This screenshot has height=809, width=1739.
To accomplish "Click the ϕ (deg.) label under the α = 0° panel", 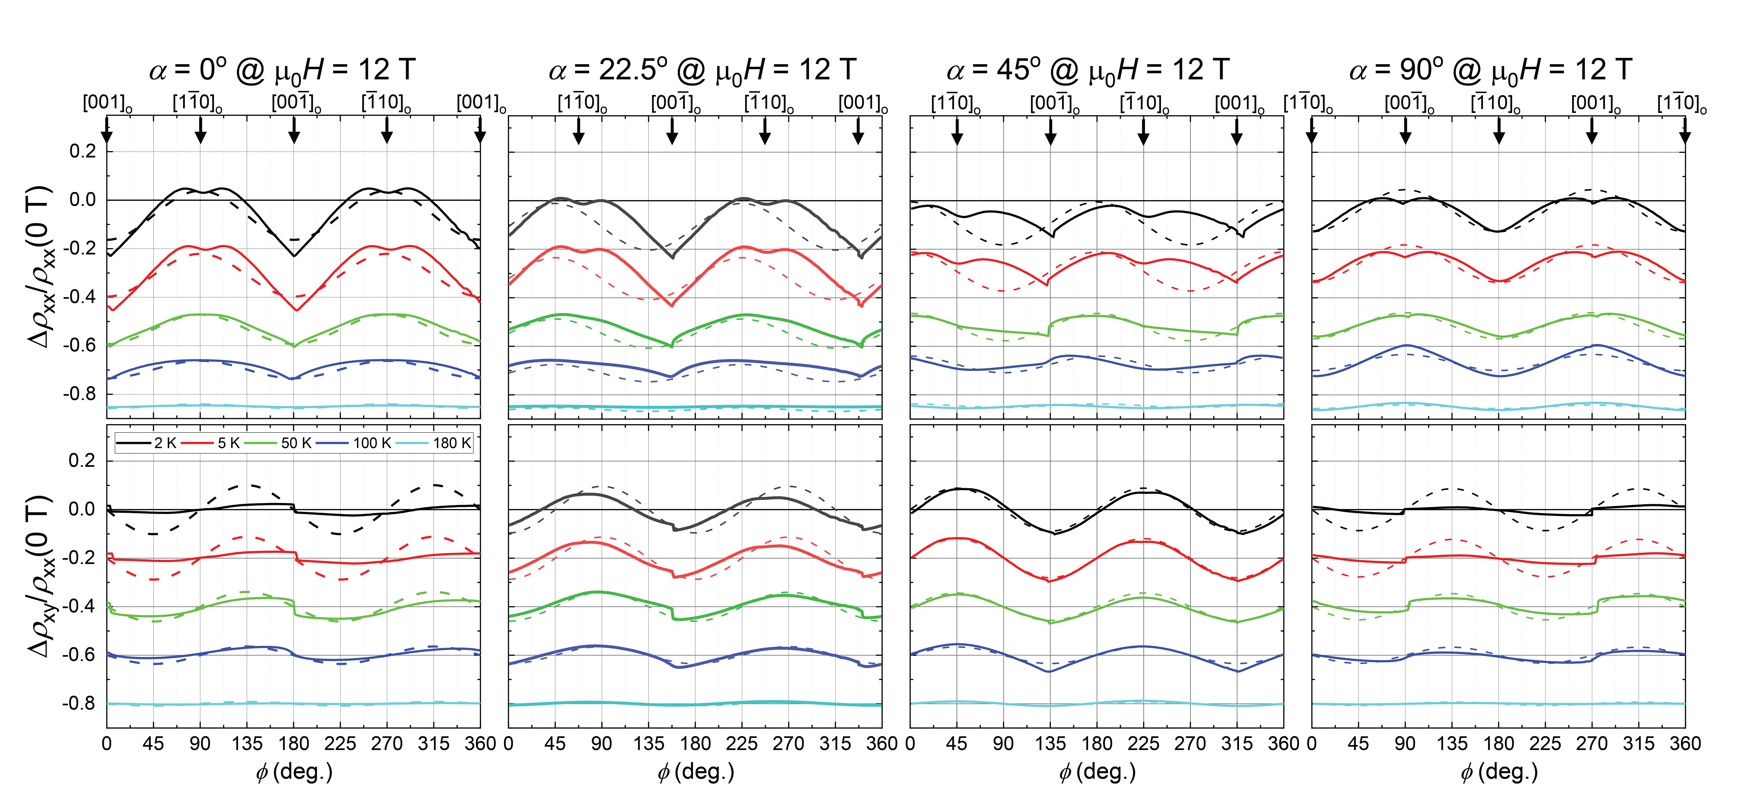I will tap(294, 771).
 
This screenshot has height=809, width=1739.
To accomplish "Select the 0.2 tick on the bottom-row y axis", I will tap(82, 461).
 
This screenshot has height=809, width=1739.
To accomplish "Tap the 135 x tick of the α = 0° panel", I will tap(247, 744).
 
